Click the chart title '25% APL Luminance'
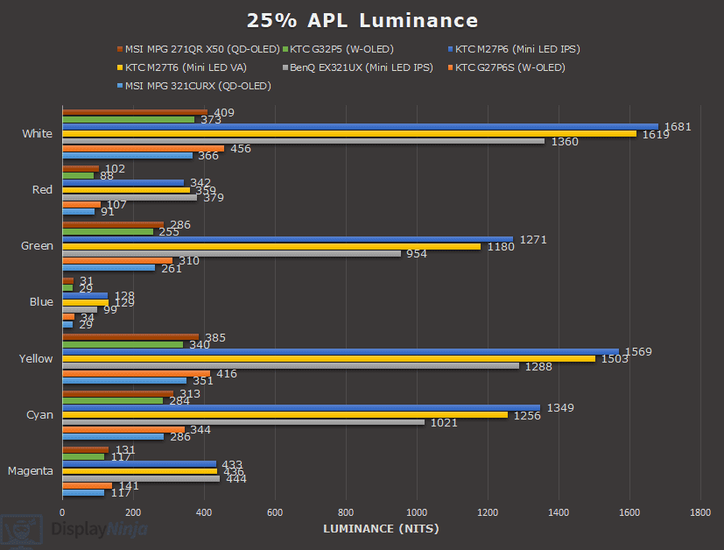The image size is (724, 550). click(362, 20)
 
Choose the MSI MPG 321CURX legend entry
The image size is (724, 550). click(197, 86)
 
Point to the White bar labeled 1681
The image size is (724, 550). click(360, 126)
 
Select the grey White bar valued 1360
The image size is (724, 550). click(303, 141)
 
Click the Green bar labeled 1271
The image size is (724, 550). click(287, 238)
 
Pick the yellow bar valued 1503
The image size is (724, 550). click(328, 358)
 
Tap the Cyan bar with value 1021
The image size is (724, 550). click(243, 422)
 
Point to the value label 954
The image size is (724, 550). click(418, 253)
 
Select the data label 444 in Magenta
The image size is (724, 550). click(235, 478)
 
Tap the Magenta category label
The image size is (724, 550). click(31, 470)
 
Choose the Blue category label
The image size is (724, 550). click(41, 302)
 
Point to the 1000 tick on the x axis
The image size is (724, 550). click(417, 511)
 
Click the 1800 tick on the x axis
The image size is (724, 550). click(700, 511)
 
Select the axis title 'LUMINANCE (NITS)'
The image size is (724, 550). click(381, 528)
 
